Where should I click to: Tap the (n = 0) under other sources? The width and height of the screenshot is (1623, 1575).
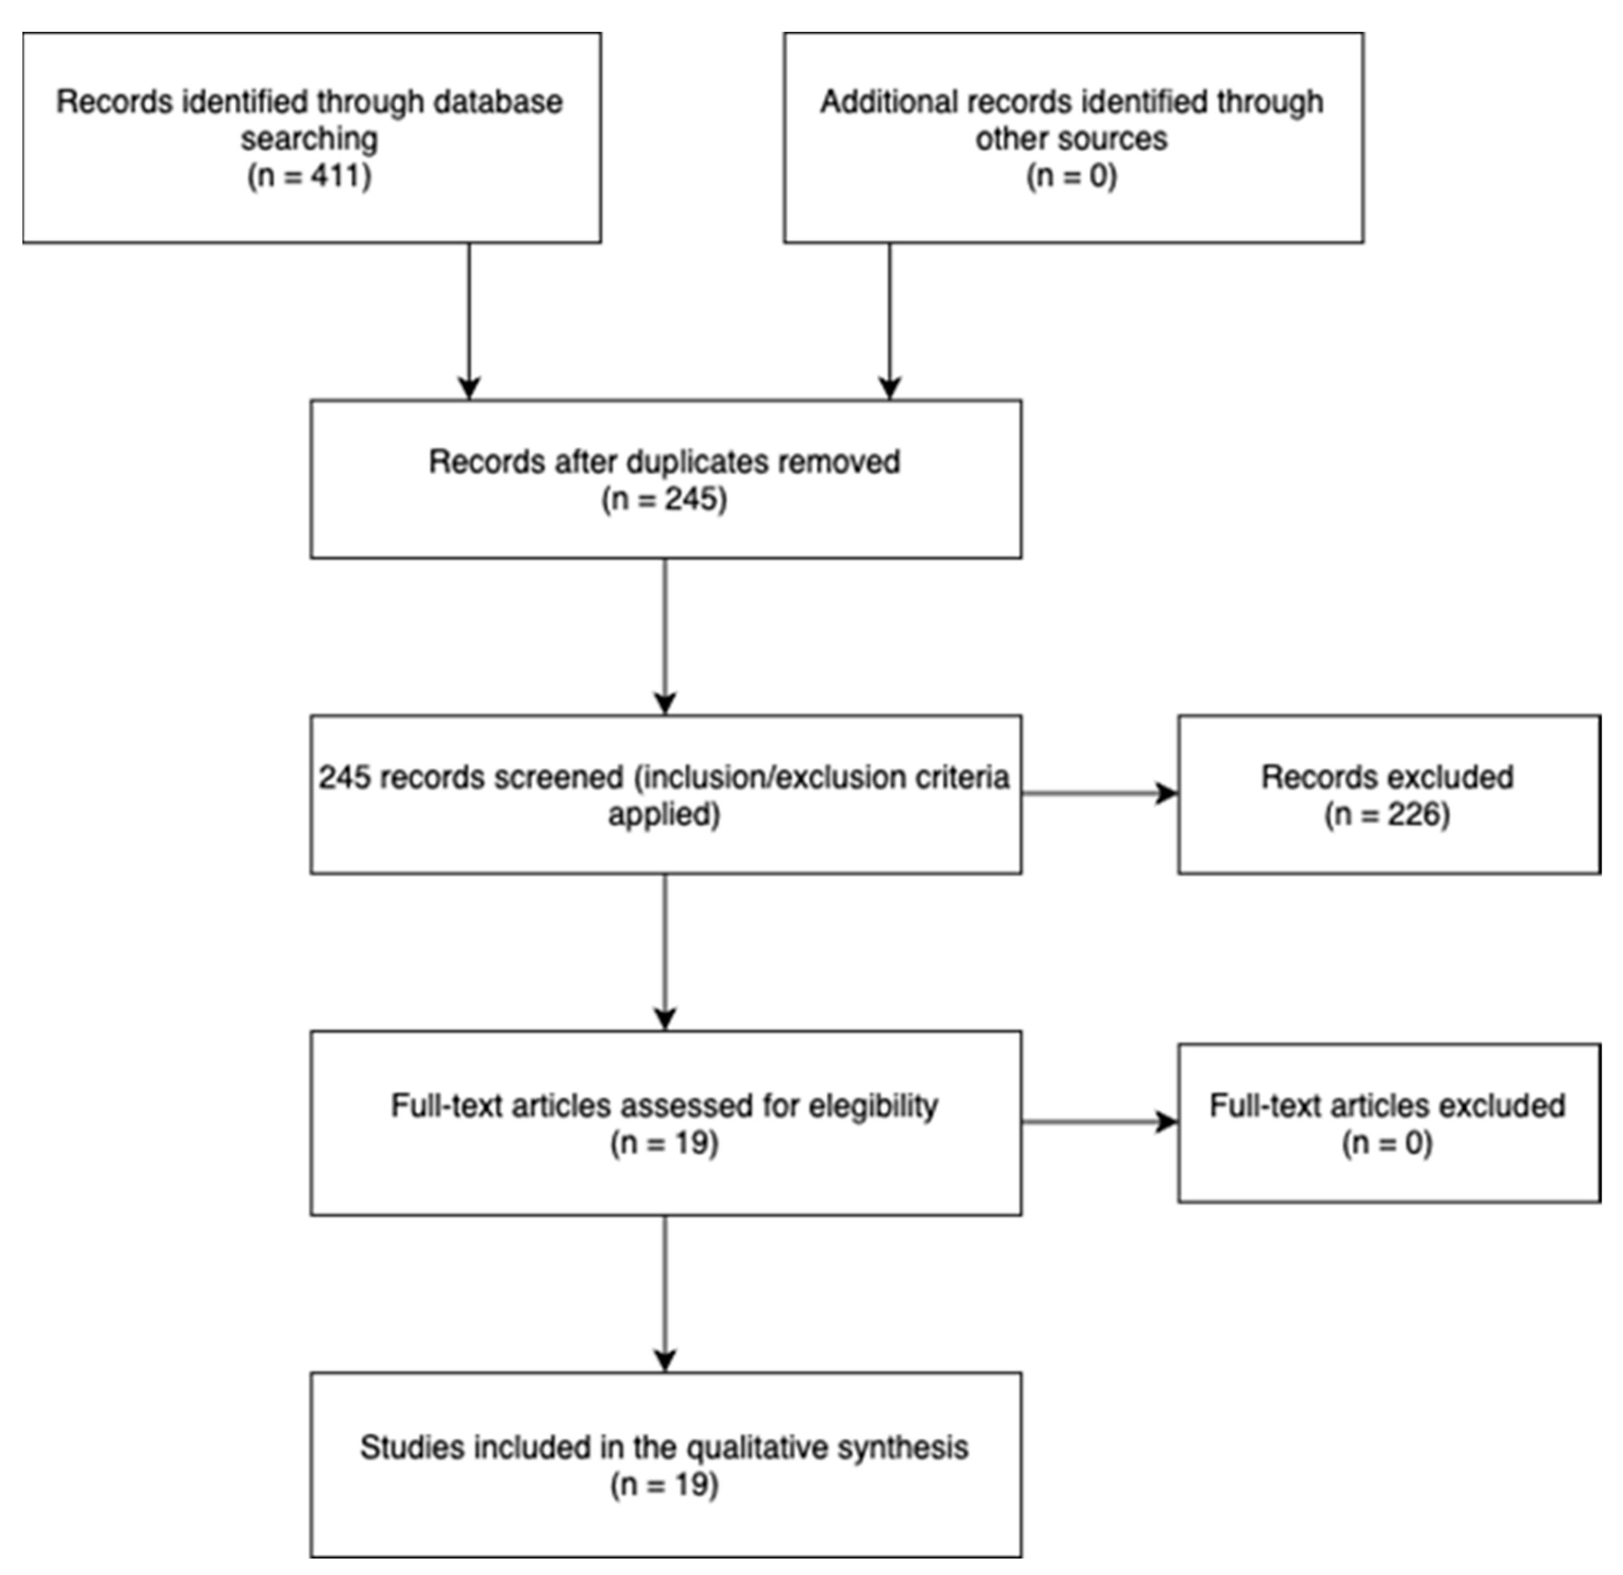(x=1072, y=176)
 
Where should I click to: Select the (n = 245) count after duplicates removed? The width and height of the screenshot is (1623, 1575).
(x=664, y=499)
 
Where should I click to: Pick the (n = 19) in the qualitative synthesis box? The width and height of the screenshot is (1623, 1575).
(x=664, y=1485)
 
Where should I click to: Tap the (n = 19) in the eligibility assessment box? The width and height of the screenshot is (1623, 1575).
(x=664, y=1143)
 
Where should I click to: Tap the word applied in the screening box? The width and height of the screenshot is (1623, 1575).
(x=664, y=815)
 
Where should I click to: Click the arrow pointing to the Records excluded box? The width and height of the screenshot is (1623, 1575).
(x=1100, y=794)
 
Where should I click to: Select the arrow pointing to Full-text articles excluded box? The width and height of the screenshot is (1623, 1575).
(x=1100, y=1122)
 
